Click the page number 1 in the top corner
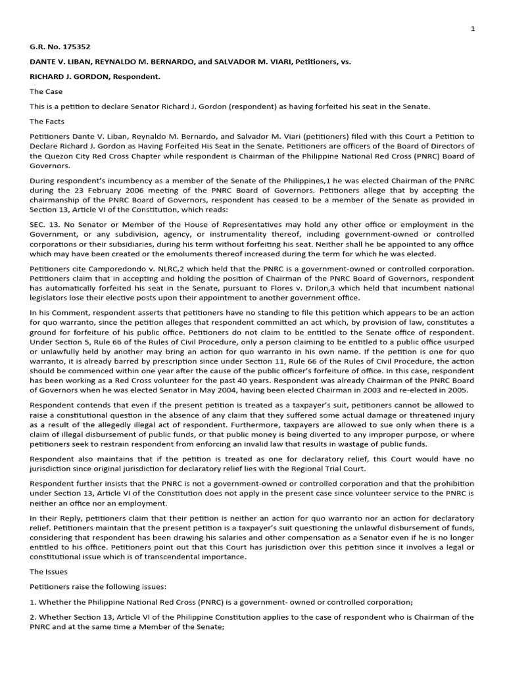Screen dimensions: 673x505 coord(472,29)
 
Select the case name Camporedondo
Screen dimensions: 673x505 coord(103,269)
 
